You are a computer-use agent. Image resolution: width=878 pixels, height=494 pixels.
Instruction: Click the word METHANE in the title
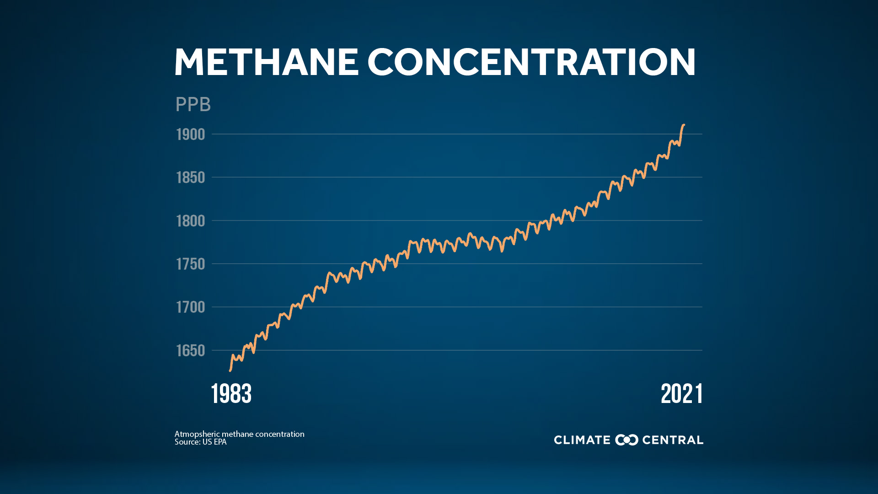pyautogui.click(x=266, y=62)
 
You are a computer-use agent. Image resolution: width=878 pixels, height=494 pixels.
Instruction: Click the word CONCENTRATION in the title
pyautogui.click(x=531, y=62)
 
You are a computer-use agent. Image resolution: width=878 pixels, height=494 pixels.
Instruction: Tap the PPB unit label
pyautogui.click(x=193, y=105)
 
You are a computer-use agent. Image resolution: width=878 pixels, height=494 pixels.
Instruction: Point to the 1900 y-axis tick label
pyautogui.click(x=191, y=134)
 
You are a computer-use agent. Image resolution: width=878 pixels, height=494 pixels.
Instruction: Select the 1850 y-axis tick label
pyautogui.click(x=191, y=177)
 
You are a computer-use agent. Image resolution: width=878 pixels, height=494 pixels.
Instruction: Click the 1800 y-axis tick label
pyautogui.click(x=191, y=221)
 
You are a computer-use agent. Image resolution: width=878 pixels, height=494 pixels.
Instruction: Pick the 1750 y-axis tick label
pyautogui.click(x=191, y=264)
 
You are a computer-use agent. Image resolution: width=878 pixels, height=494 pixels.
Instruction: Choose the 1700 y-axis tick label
pyautogui.click(x=191, y=307)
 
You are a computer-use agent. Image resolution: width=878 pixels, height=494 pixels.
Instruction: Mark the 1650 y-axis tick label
pyautogui.click(x=191, y=350)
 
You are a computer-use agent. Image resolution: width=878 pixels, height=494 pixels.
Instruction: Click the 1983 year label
pyautogui.click(x=231, y=394)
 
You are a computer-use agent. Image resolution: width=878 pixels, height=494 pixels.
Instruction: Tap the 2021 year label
pyautogui.click(x=681, y=394)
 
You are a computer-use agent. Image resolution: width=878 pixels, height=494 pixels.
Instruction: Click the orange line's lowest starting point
pyautogui.click(x=230, y=370)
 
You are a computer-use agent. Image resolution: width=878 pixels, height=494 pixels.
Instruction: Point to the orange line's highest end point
pyautogui.click(x=684, y=125)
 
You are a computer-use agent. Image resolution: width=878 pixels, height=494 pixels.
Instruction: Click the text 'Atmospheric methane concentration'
pyautogui.click(x=239, y=434)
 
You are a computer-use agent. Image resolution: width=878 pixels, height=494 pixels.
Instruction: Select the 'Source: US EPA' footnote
pyautogui.click(x=200, y=442)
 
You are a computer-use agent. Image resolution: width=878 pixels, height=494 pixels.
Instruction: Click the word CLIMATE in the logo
pyautogui.click(x=582, y=440)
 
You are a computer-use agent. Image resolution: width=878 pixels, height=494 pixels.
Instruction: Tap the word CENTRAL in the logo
pyautogui.click(x=673, y=440)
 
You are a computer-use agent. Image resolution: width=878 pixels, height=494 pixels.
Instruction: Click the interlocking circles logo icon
pyautogui.click(x=626, y=440)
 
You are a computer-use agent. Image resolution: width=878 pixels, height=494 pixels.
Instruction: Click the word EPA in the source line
pyautogui.click(x=220, y=442)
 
